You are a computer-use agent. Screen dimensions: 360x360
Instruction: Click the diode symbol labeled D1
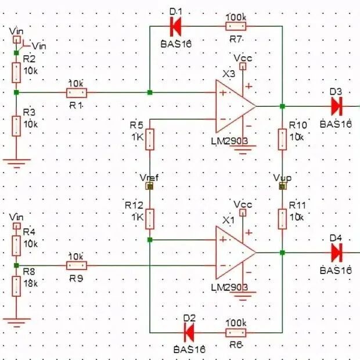[x=175, y=26]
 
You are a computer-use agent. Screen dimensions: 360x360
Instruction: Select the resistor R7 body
[x=236, y=26]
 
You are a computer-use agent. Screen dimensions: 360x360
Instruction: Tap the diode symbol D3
[x=337, y=106]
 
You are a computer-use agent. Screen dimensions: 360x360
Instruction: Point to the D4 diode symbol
[x=337, y=253]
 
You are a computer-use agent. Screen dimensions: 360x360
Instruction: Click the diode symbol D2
[x=189, y=333]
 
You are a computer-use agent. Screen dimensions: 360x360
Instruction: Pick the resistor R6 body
[x=236, y=333]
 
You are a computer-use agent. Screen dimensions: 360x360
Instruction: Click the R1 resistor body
[x=77, y=93]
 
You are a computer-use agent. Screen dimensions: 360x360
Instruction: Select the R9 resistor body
[x=77, y=265]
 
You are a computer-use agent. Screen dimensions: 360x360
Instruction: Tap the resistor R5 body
[x=150, y=139]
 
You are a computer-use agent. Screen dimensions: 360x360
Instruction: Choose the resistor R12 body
[x=150, y=219]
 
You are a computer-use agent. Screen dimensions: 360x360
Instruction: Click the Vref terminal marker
[x=149, y=186]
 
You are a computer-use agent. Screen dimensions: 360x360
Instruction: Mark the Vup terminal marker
[x=283, y=186]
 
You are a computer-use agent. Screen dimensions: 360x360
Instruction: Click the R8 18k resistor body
[x=16, y=286]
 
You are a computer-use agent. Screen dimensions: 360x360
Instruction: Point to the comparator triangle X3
[x=235, y=106]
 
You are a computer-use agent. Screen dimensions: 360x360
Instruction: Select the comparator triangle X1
[x=235, y=253]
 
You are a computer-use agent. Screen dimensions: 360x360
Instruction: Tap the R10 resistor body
[x=282, y=139]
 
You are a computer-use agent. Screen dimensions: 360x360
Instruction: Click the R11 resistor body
[x=282, y=219]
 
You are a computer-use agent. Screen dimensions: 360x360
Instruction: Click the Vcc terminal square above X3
[x=243, y=66]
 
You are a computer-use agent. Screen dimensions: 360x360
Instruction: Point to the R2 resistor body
[x=16, y=73]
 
